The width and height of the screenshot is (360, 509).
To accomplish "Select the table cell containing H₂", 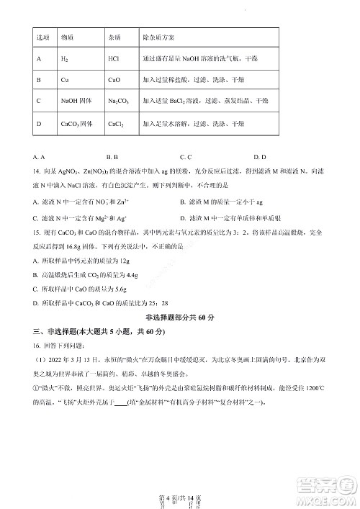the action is click(x=64, y=58).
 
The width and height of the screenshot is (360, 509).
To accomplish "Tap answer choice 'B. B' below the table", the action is click(x=112, y=156).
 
